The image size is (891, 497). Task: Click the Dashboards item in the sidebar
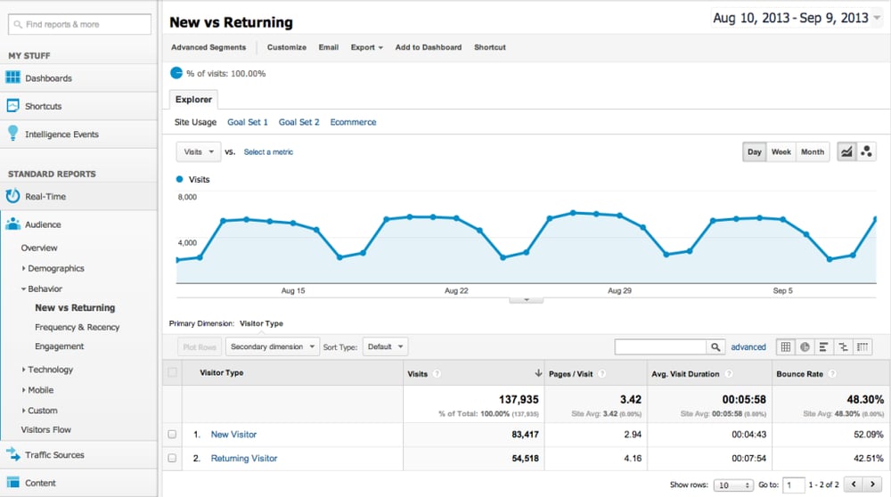[x=48, y=78]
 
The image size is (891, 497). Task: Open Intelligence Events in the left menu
[x=61, y=134]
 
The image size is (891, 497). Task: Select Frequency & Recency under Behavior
[x=77, y=327]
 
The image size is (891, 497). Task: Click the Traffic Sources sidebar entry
[x=54, y=455]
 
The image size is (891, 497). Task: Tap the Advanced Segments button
[x=208, y=47]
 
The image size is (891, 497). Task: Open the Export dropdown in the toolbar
[x=366, y=47]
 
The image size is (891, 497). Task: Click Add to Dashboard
[x=428, y=47]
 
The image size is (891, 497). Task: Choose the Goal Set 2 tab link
[x=298, y=122]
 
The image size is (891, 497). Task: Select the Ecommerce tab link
[x=353, y=122]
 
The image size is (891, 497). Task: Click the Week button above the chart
[x=781, y=152]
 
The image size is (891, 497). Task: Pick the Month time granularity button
[x=813, y=152]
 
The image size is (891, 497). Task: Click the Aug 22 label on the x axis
[x=456, y=291]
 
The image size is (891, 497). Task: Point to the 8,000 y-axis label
[x=188, y=197]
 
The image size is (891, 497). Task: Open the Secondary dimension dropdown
[x=273, y=346]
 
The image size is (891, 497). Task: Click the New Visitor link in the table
[x=233, y=435]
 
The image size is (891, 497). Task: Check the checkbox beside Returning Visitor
[x=172, y=459]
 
